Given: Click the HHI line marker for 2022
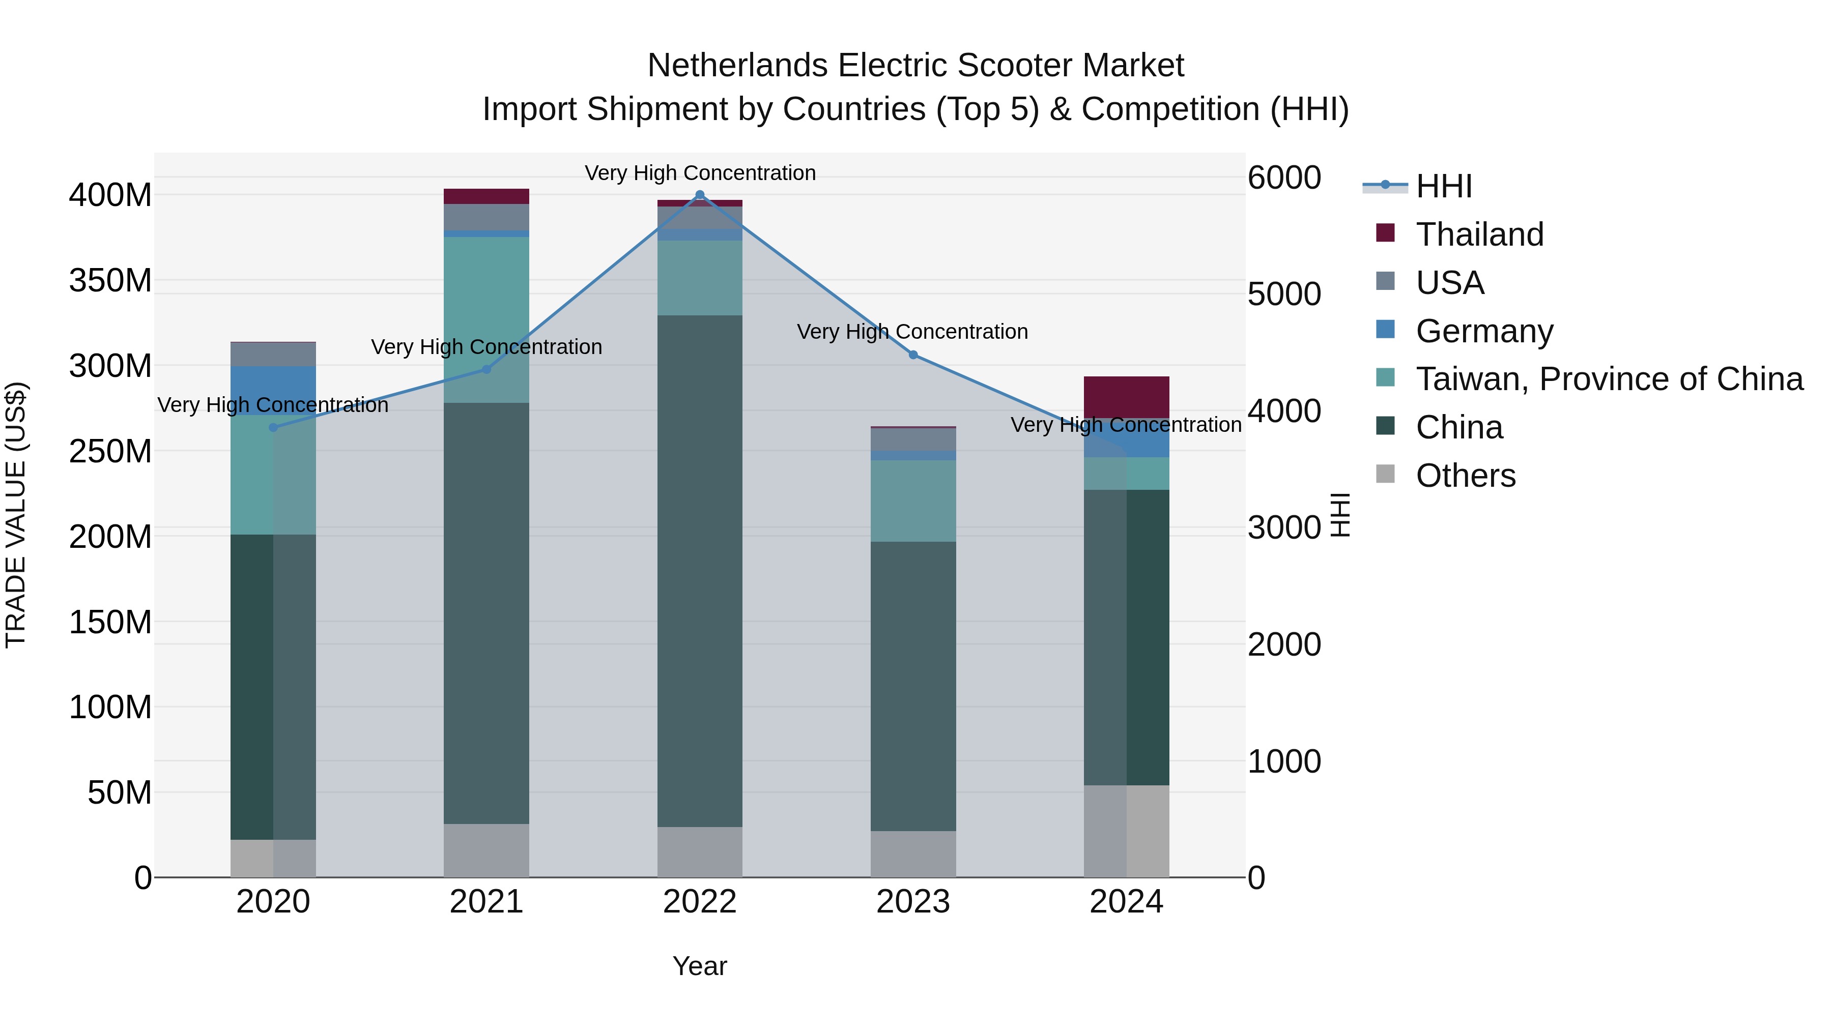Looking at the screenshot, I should [700, 195].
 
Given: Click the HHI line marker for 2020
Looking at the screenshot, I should [273, 427].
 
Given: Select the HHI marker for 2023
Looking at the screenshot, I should [913, 355].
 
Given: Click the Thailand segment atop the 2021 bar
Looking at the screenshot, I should [486, 196].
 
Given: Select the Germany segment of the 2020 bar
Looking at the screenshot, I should [273, 390].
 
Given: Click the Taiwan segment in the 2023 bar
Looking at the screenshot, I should [913, 501].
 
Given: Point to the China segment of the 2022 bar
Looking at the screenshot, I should [700, 569].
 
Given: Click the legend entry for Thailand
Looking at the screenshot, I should [1479, 234].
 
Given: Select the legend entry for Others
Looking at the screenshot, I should [1465, 476].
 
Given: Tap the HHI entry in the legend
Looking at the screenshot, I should [1444, 186].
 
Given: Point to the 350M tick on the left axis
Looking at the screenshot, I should [110, 280].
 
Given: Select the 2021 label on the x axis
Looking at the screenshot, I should [486, 902].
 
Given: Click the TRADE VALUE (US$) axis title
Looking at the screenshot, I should [16, 515].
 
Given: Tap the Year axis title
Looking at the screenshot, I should [700, 966].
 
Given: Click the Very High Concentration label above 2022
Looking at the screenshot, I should [700, 173].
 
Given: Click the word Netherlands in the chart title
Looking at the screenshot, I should [737, 66].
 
